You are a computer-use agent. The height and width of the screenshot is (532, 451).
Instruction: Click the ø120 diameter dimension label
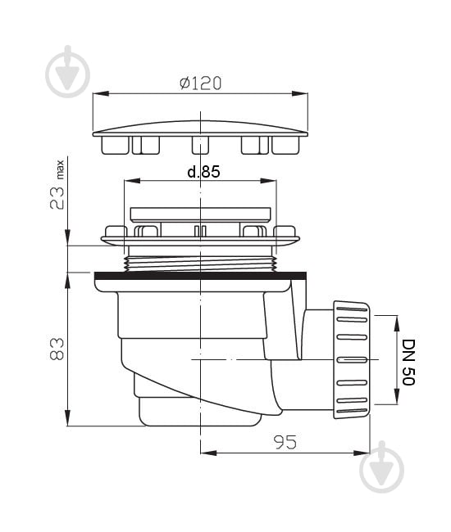(201, 83)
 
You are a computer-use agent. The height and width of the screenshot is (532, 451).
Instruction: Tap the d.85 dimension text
(203, 172)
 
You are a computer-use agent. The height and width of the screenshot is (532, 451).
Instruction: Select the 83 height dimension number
(57, 349)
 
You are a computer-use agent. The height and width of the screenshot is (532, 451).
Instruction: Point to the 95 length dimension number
(285, 442)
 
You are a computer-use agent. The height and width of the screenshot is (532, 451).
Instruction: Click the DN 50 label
(408, 362)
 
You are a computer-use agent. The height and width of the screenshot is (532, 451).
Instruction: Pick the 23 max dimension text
(57, 185)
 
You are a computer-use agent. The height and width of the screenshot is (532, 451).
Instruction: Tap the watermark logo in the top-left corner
(67, 71)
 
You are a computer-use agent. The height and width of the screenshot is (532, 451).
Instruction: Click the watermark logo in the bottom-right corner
(381, 467)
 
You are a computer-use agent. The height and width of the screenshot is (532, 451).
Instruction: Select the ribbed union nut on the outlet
(352, 359)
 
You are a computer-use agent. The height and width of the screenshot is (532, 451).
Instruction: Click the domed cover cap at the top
(201, 129)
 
